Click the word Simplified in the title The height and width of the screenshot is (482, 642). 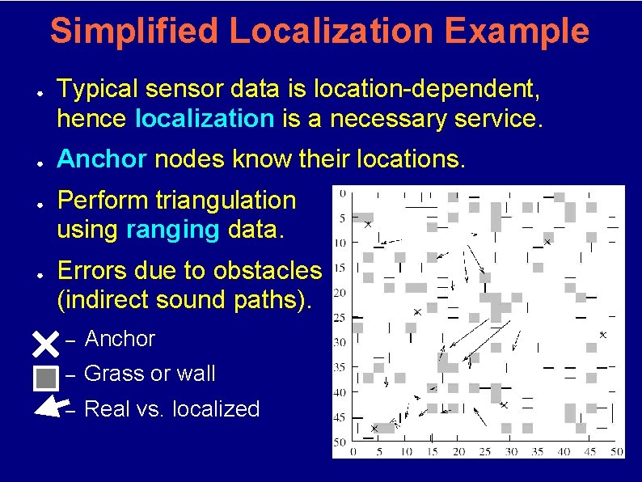pyautogui.click(x=134, y=32)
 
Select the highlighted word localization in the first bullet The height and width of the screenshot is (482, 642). pyautogui.click(x=205, y=119)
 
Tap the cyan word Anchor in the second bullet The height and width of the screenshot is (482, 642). pyautogui.click(x=102, y=159)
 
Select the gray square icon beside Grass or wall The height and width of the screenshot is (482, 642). pyautogui.click(x=45, y=377)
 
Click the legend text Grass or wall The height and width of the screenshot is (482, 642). pyautogui.click(x=150, y=374)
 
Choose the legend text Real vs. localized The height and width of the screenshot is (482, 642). pyautogui.click(x=171, y=409)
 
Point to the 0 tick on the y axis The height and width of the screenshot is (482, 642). pyautogui.click(x=343, y=192)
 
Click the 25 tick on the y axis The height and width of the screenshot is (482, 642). pyautogui.click(x=340, y=318)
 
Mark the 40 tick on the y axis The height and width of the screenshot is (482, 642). pyautogui.click(x=340, y=392)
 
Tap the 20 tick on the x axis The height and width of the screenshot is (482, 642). pyautogui.click(x=458, y=451)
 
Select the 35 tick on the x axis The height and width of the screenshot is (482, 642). pyautogui.click(x=538, y=451)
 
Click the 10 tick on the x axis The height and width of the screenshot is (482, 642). pyautogui.click(x=406, y=451)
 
